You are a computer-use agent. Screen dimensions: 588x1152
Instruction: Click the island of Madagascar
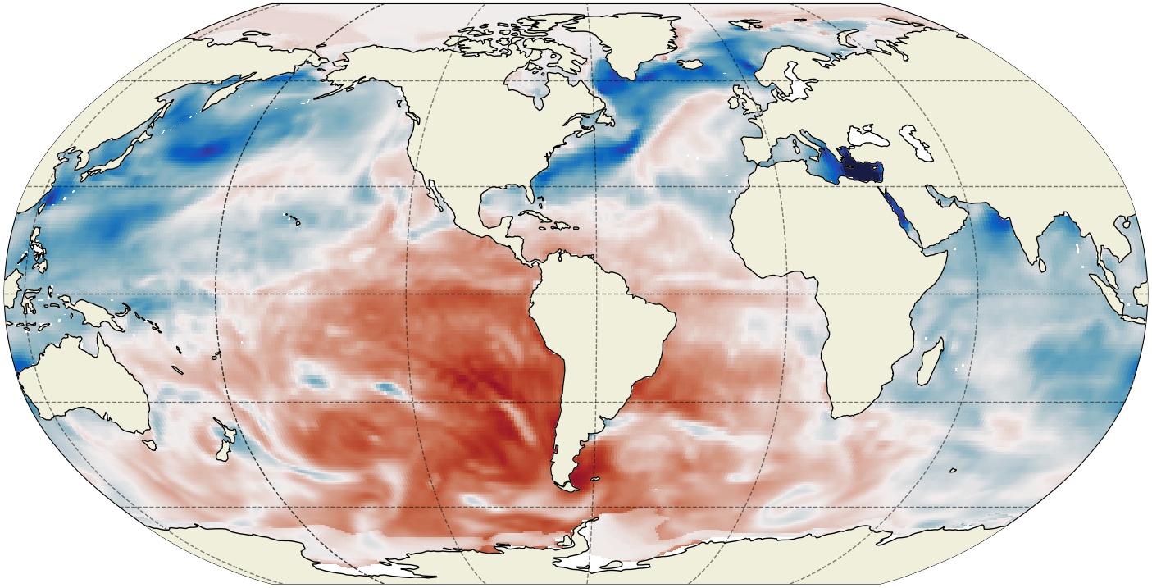click(x=929, y=365)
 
